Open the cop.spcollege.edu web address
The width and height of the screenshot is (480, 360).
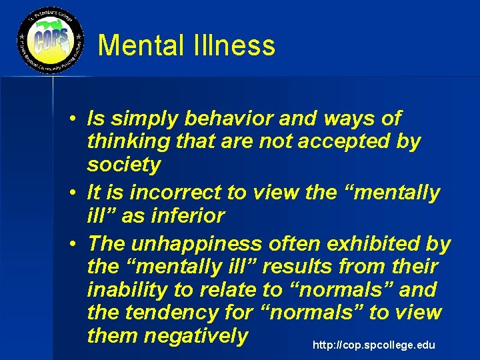point(373,345)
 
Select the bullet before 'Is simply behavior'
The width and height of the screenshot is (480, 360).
point(79,119)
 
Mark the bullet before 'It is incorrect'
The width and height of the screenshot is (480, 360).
point(79,193)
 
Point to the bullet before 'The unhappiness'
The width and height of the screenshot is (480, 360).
point(79,243)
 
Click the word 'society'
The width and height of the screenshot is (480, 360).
point(124,165)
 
